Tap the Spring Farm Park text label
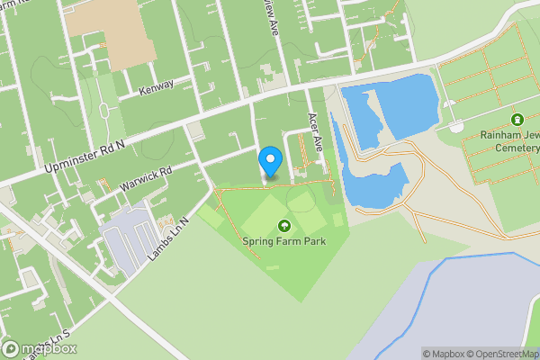pyautogui.click(x=283, y=241)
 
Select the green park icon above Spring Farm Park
pyautogui.click(x=284, y=226)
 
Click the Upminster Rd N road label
pyautogui.click(x=83, y=156)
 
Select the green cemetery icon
pyautogui.click(x=517, y=120)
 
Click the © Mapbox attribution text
pyautogui.click(x=445, y=354)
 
